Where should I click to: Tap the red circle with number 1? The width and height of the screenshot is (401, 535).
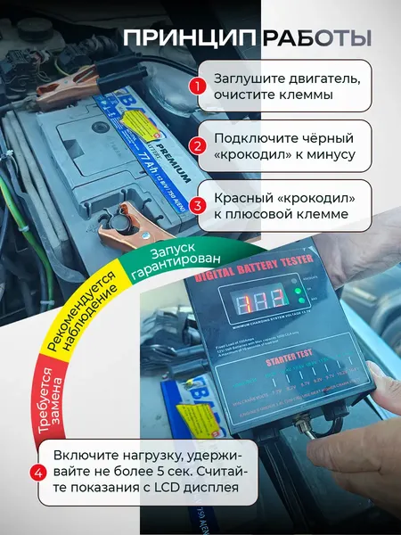pos(198,86)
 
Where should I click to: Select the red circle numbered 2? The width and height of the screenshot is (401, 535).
pos(198,146)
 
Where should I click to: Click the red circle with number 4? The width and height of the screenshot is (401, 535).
pos(37,472)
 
